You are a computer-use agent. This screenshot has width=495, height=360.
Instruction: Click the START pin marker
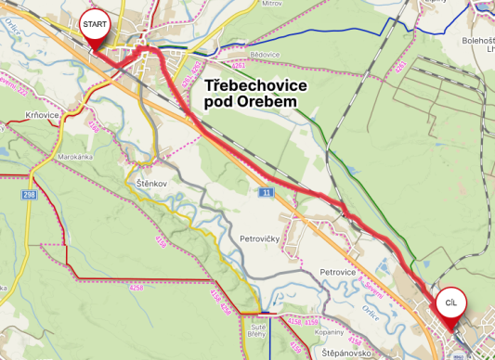(94, 23)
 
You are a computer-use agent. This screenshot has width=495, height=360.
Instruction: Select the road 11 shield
(267, 192)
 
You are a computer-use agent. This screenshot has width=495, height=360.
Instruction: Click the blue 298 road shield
(30, 195)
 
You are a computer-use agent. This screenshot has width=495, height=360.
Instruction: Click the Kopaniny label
(330, 331)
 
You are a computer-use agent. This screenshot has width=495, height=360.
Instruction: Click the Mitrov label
(271, 4)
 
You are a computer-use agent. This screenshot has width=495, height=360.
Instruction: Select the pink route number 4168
(161, 242)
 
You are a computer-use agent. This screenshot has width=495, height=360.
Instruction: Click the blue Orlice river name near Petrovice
(371, 309)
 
